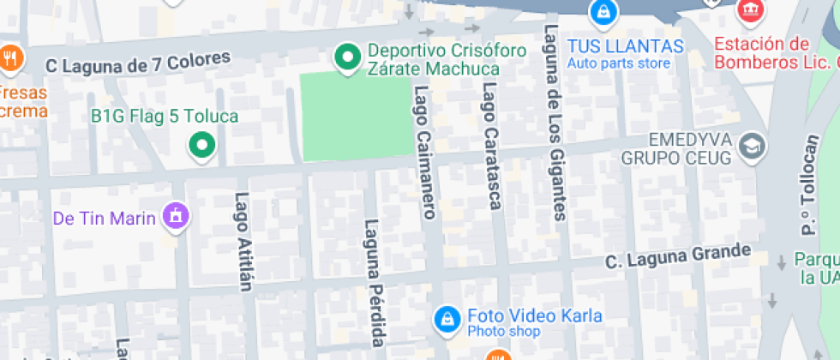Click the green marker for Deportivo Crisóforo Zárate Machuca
coord(347,57)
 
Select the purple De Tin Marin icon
coord(176,214)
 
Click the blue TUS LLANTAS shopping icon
coord(604,12)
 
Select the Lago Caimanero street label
coord(424,152)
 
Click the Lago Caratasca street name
coord(491,146)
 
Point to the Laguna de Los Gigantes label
coord(555,123)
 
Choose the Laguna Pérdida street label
coord(375,283)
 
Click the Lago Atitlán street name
coord(243,241)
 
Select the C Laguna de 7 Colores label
coord(139,62)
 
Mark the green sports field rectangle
coord(354,116)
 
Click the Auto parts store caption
coord(618,63)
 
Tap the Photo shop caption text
coord(503,332)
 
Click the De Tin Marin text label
coord(105,218)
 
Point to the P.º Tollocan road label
coord(809,185)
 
